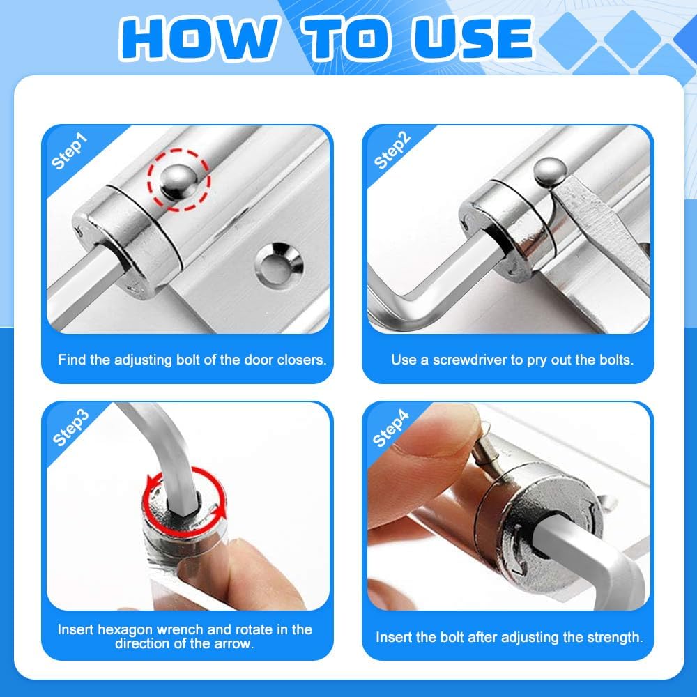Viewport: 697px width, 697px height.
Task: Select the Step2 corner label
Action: point(392,151)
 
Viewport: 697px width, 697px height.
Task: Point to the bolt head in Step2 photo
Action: point(549,171)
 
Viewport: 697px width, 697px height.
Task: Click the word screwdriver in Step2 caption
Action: point(482,360)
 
